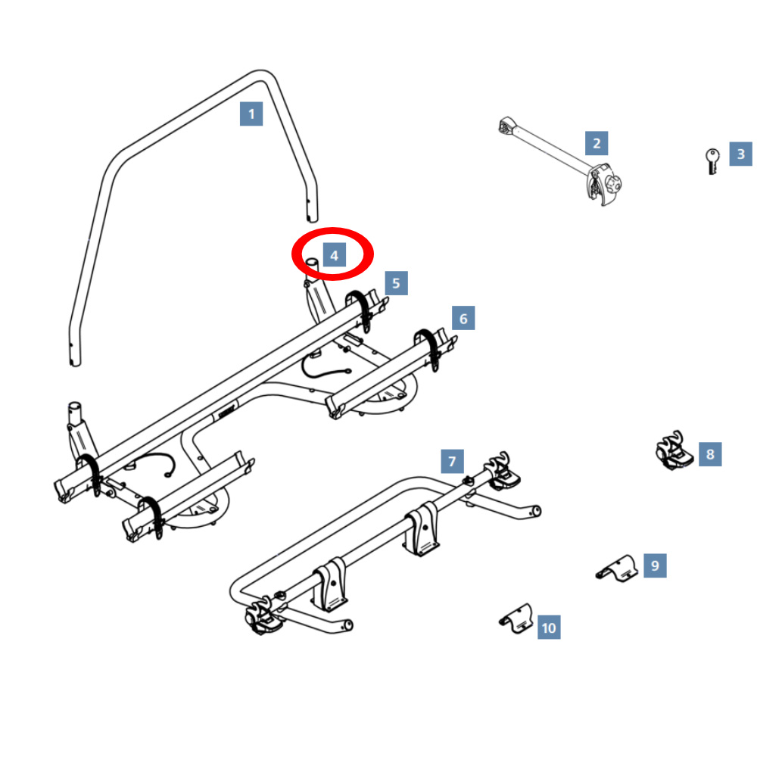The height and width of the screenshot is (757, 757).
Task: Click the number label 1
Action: [251, 114]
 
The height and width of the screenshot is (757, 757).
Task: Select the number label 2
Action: [597, 143]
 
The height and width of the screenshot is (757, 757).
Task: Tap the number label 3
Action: [740, 154]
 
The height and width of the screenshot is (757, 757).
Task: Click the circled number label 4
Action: [334, 255]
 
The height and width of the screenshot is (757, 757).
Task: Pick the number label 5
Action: [396, 283]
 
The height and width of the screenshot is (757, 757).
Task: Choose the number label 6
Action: [463, 318]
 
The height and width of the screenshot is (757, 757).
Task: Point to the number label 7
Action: [452, 461]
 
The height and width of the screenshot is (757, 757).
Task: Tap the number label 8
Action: [710, 453]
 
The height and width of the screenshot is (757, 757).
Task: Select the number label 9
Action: [655, 565]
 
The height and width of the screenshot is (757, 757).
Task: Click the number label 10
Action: [549, 627]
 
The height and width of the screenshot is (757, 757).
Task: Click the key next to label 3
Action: [712, 161]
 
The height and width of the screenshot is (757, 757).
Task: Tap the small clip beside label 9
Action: [617, 569]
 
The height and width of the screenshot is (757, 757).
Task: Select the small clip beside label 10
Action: [516, 618]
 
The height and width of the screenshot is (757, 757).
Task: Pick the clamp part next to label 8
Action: [674, 450]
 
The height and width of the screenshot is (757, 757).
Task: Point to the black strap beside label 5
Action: [360, 309]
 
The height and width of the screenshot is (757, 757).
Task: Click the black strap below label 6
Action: [428, 347]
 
